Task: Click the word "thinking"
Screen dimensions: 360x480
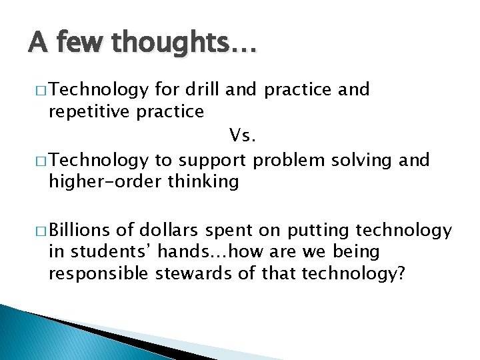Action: tap(203, 182)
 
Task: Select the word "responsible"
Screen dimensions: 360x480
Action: tap(99, 275)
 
